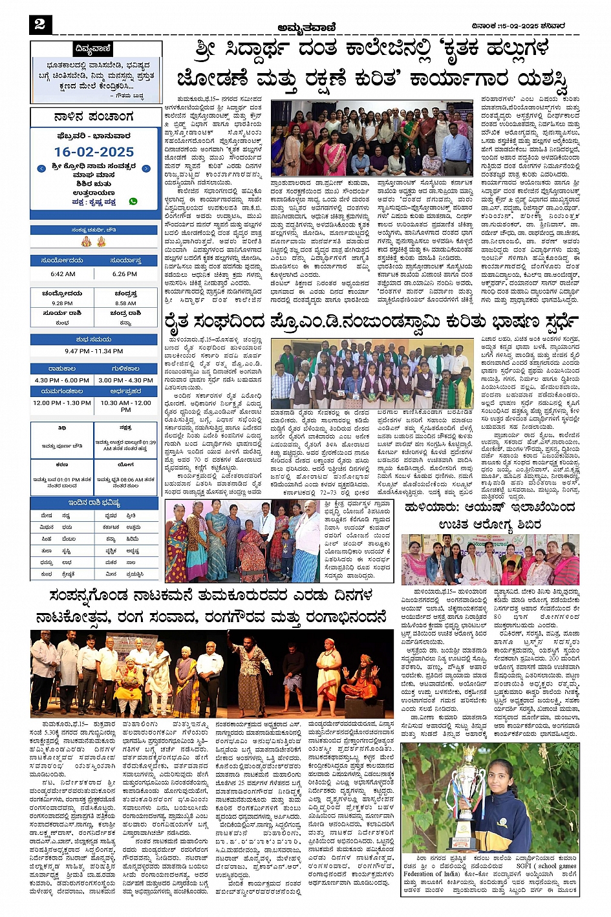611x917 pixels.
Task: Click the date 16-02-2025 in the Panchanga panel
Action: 94,152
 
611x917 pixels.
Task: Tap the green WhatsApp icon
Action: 133,201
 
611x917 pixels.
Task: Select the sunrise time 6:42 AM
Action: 63,274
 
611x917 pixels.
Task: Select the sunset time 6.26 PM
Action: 124,274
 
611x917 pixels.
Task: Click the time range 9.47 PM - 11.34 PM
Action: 94,351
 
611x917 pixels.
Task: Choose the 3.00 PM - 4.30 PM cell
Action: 125,380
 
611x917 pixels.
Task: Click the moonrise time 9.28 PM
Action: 62,303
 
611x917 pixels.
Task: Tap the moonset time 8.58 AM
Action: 125,303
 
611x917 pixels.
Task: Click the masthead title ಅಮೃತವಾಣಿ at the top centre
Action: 306,27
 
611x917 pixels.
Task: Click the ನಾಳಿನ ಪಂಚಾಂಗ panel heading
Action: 94,117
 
